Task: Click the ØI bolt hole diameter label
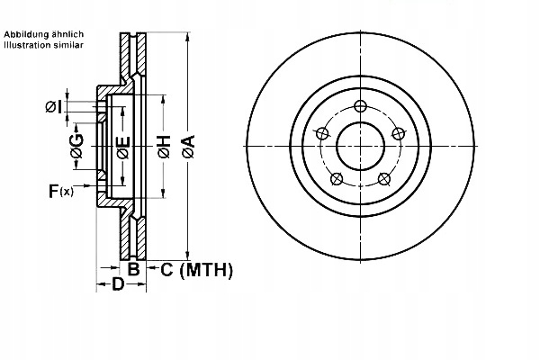[54, 107]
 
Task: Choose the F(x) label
[62, 190]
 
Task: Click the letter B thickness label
[132, 269]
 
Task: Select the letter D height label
[117, 285]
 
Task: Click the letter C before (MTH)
[166, 269]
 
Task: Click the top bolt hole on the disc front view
[360, 107]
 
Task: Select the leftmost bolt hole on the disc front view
[319, 134]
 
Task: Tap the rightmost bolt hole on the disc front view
[400, 134]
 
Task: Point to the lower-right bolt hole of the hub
[385, 178]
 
